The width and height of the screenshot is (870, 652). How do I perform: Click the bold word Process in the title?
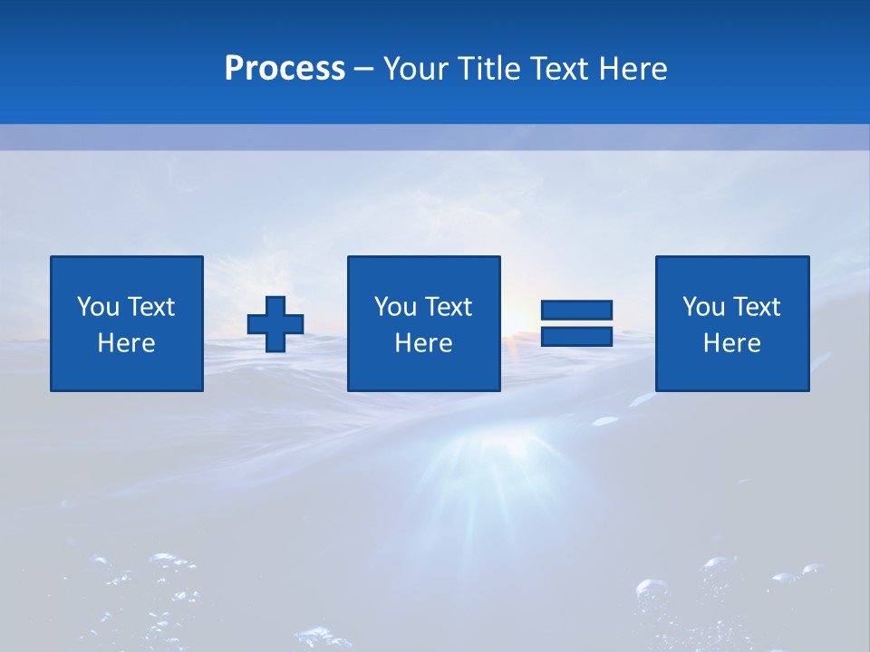(285, 69)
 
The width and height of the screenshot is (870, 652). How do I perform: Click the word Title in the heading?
(487, 69)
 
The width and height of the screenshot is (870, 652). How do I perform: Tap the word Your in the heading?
(416, 69)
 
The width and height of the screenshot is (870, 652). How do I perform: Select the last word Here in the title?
(633, 69)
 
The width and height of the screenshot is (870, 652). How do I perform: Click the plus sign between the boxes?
(275, 324)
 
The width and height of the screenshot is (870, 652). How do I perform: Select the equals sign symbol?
(576, 323)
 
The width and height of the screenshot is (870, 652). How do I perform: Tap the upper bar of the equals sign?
(576, 311)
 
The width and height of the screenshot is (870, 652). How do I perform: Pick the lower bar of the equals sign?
(576, 336)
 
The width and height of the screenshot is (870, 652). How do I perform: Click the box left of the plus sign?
(127, 324)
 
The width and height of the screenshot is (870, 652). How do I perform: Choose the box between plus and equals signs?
(423, 324)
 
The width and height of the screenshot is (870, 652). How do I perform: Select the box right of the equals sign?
(731, 324)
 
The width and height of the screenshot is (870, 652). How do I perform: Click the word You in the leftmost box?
(98, 307)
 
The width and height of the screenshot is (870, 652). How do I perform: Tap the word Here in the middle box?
(423, 343)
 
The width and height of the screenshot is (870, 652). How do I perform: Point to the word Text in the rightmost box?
(758, 307)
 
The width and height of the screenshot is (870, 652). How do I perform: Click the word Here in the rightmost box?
(731, 343)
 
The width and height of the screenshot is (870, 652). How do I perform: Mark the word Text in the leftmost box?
(151, 307)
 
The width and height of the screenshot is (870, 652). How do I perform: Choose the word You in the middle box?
(395, 307)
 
